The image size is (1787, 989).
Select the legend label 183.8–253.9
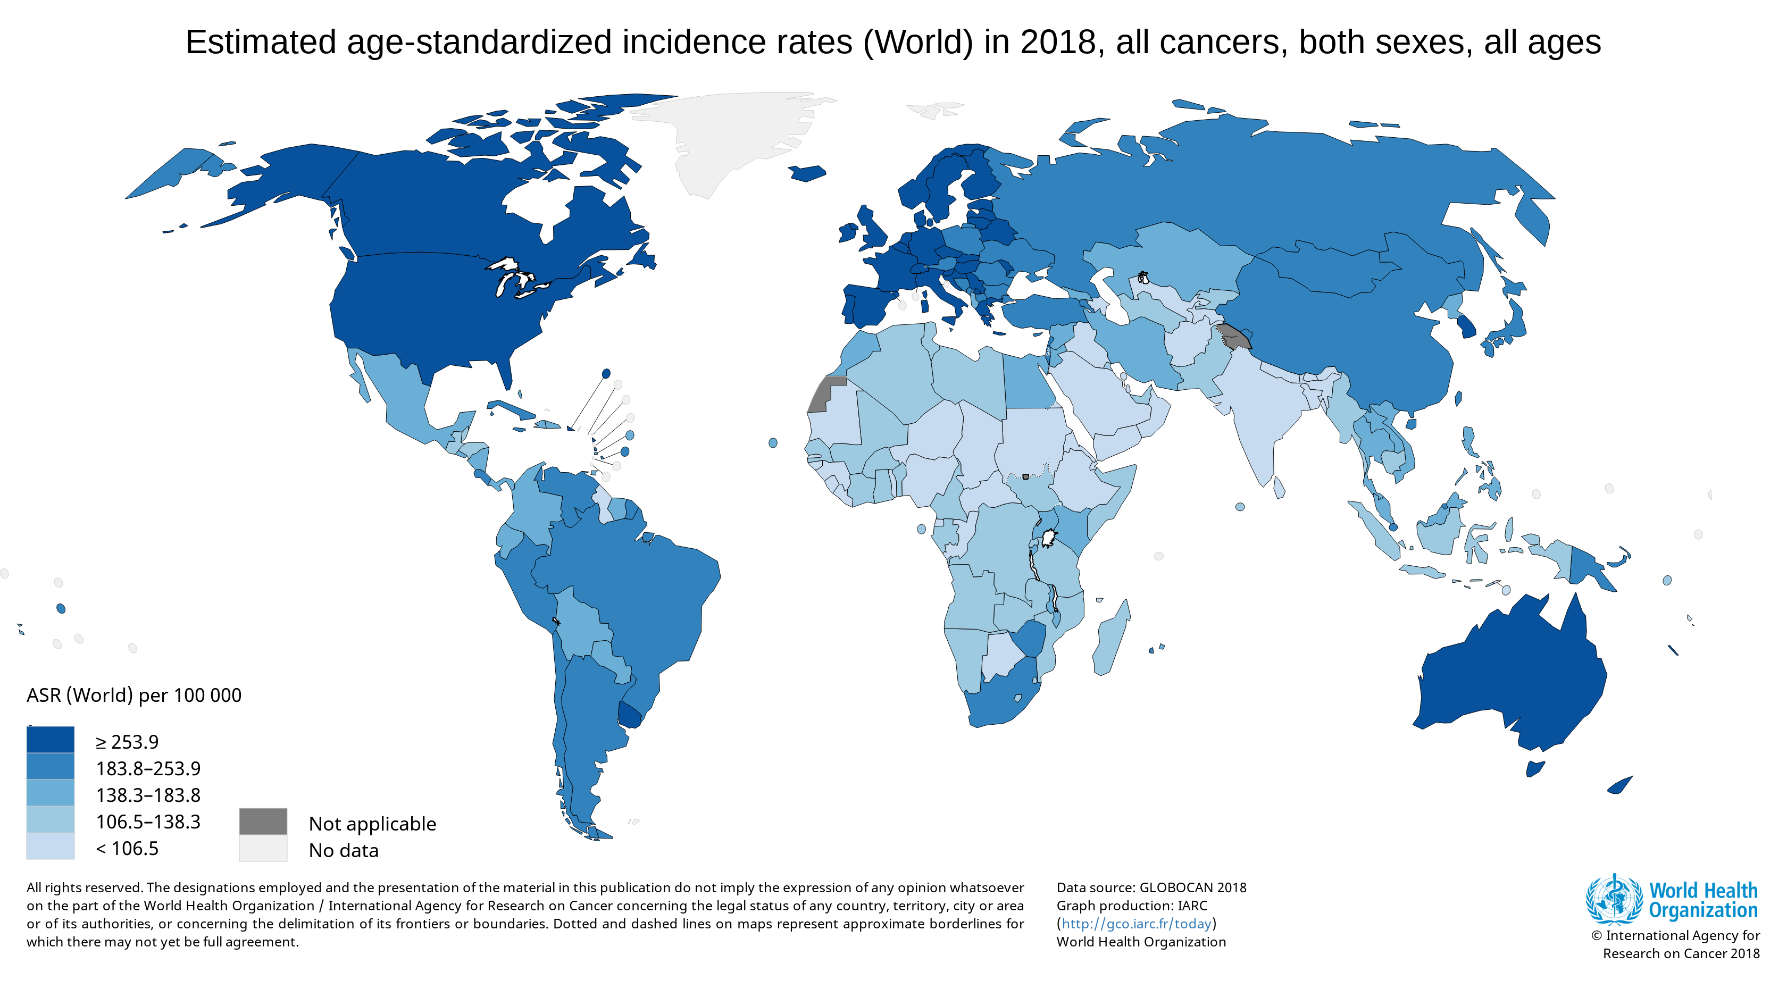click(x=148, y=768)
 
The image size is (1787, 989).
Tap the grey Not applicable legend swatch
click(x=263, y=821)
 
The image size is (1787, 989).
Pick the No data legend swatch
click(x=263, y=848)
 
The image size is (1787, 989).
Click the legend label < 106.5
click(x=127, y=848)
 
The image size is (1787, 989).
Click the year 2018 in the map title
click(x=1058, y=43)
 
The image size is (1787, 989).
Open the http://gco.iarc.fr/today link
click(x=1137, y=924)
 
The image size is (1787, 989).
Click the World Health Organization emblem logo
click(x=1614, y=900)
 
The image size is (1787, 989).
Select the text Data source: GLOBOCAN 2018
click(x=1151, y=888)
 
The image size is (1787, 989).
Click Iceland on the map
click(x=807, y=173)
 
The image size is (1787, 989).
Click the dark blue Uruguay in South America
click(x=630, y=714)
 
